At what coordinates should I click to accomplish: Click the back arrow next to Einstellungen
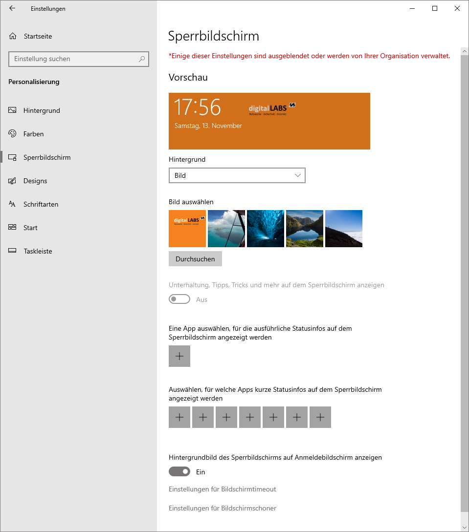coord(12,8)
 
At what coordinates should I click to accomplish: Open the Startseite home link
coord(37,36)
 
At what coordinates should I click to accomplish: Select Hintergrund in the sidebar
coord(42,110)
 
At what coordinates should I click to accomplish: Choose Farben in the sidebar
coord(33,134)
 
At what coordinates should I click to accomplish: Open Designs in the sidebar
coord(35,181)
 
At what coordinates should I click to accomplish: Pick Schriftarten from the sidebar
coord(41,204)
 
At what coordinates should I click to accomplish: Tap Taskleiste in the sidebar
coord(38,251)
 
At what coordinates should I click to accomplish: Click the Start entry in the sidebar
coord(30,228)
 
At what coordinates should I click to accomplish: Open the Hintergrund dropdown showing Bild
coord(237,175)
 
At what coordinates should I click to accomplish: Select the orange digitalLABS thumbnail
coord(187,229)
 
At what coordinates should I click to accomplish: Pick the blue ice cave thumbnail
coord(266,229)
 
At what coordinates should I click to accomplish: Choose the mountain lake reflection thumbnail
coord(305,229)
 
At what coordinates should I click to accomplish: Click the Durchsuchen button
coord(195,259)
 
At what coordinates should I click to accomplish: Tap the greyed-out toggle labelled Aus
coord(179,299)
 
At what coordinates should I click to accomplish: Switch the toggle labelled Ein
coord(179,472)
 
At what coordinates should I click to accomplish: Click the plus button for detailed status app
coord(179,356)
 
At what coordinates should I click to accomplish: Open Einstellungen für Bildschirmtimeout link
coord(222,489)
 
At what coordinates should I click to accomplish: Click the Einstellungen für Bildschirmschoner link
coord(222,508)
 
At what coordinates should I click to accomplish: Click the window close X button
coord(457,8)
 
